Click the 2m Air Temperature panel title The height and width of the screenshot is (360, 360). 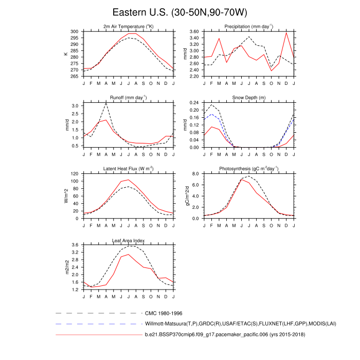(129, 27)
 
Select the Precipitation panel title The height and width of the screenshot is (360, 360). (249, 27)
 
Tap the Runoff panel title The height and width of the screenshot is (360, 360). (129, 98)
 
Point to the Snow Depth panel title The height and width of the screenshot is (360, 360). (249, 98)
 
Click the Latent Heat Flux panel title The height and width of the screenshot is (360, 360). (129, 169)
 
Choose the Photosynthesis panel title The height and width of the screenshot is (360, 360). (249, 169)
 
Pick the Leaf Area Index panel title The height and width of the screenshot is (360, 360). (129, 240)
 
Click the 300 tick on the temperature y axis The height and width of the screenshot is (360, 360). (75, 31)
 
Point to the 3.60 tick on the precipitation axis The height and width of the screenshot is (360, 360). (193, 31)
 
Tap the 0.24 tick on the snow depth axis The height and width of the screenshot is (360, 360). (193, 103)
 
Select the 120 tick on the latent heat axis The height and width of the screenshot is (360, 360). (75, 174)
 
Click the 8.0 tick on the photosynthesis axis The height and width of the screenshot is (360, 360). (195, 174)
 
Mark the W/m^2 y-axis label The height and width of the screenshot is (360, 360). (66, 196)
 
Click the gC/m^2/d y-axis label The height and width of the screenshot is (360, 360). (186, 196)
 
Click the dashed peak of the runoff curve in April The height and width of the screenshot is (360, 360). (106, 103)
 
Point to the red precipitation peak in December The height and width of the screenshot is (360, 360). (286, 33)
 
